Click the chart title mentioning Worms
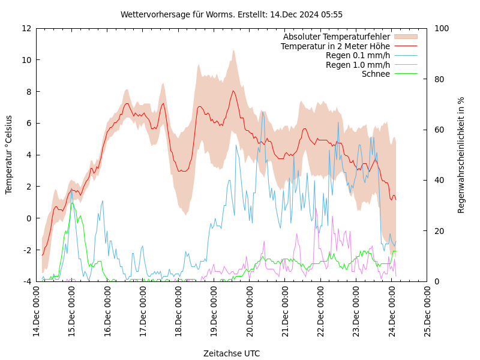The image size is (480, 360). (x=232, y=14)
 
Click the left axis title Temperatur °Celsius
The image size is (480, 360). (x=9, y=155)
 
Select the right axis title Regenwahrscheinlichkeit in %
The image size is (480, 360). (x=461, y=155)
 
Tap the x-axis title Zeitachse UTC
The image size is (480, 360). (x=232, y=353)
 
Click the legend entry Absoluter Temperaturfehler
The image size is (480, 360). (x=337, y=37)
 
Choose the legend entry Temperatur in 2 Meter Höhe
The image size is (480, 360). (x=335, y=46)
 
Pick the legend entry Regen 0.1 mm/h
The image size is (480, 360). (x=358, y=56)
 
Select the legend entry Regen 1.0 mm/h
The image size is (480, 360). (x=358, y=65)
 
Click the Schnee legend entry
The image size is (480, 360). (x=376, y=74)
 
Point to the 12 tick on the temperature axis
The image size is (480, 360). (x=27, y=28)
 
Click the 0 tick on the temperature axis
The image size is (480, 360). (x=29, y=218)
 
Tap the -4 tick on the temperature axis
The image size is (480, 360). (x=27, y=281)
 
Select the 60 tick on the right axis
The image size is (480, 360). (x=438, y=130)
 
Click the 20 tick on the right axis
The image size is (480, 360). (x=438, y=231)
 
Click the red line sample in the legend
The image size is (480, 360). (x=405, y=46)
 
